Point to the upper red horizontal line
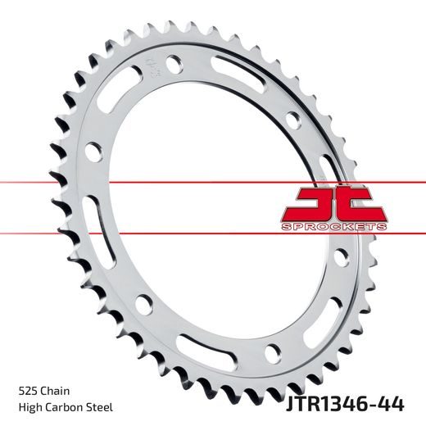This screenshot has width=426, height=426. tap(164, 179)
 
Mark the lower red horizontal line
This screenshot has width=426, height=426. tap(164, 230)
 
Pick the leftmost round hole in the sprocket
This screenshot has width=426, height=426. tap(94, 151)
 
